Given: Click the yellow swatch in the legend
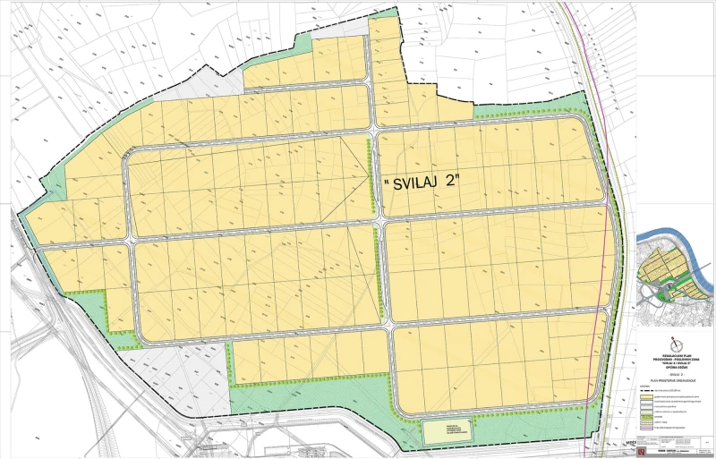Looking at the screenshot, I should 647,398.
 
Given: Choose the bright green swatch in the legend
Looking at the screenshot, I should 647,415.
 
